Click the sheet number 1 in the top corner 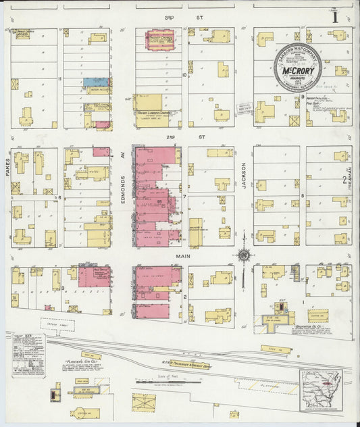click(x=335, y=18)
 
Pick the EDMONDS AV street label click(x=123, y=169)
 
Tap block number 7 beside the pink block click(x=184, y=197)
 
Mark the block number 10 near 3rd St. click(x=184, y=76)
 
